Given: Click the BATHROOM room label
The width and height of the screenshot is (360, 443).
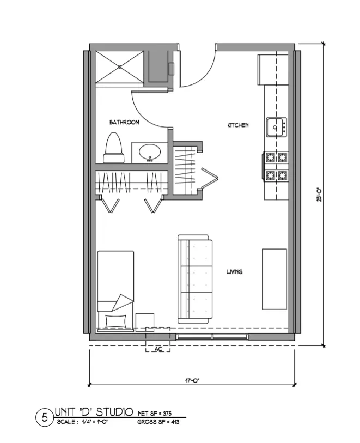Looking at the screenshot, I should coord(124,123).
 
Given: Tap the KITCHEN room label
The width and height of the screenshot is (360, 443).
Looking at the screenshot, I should coord(237,125).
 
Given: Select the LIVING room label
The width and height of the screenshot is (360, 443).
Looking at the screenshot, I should coord(234,271).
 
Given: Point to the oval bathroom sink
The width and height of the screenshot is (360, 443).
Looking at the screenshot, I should coord(149,152).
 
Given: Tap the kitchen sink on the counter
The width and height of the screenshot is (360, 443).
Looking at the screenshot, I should coord(276,128).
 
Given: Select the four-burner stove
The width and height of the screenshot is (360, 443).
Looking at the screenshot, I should coord(276,167).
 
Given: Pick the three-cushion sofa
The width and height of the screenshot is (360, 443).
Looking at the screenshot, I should coord(193,279).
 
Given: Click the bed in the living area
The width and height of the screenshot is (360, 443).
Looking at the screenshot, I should coord(115,289).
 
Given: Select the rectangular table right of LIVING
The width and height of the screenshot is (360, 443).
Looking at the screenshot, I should coord(274,278).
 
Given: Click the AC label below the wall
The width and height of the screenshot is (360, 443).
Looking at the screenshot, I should coord(159,349).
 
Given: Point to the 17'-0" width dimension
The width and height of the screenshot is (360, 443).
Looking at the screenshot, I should coord(192,381).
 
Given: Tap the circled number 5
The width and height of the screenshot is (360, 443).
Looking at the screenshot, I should coord(44,418).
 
